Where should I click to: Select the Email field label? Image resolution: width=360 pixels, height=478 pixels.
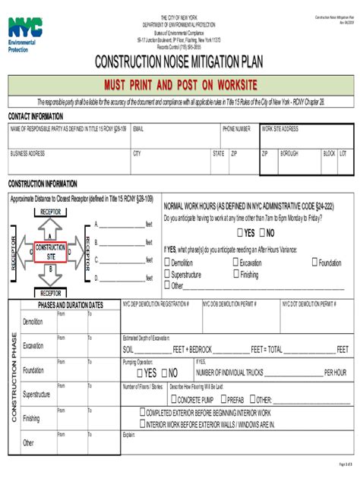pyautogui.click(x=138, y=129)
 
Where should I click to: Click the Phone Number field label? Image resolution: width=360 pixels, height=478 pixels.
pyautogui.click(x=236, y=129)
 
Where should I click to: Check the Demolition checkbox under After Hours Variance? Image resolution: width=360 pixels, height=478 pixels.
pyautogui.click(x=168, y=263)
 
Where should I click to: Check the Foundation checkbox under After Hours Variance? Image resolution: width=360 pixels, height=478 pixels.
pyautogui.click(x=314, y=263)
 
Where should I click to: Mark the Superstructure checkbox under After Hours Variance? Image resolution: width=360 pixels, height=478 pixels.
pyautogui.click(x=168, y=275)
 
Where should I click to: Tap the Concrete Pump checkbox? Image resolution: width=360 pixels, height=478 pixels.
pyautogui.click(x=172, y=399)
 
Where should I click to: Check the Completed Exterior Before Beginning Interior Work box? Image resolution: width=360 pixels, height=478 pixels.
pyautogui.click(x=141, y=412)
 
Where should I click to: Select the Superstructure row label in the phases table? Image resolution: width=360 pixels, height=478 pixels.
pyautogui.click(x=36, y=395)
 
